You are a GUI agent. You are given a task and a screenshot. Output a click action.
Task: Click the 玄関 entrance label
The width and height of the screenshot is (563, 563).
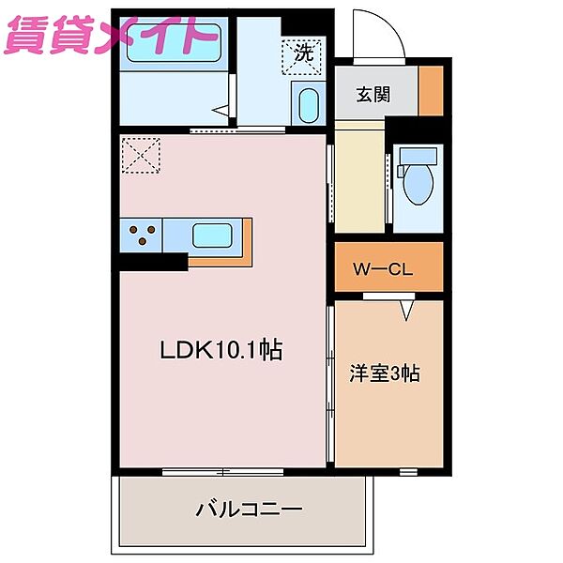pos(373,95)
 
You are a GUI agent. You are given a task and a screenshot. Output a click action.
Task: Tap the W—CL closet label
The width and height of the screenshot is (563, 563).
pos(383,270)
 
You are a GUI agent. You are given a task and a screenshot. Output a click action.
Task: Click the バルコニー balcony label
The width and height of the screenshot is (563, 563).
pos(249,510)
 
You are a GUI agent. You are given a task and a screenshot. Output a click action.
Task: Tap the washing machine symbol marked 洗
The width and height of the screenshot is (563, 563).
pos(301,54)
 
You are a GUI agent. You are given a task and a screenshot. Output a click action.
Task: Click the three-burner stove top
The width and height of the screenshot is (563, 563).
pos(141,235)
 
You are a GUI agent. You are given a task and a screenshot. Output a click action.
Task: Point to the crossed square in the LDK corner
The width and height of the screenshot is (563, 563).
pos(141,156)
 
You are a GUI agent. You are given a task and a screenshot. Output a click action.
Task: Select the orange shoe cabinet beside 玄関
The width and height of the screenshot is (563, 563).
pos(431,91)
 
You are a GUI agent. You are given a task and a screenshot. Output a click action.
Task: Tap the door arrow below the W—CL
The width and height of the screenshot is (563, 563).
pos(406,308)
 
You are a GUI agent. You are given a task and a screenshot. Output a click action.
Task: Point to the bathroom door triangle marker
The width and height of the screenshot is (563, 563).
pos(221,111)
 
